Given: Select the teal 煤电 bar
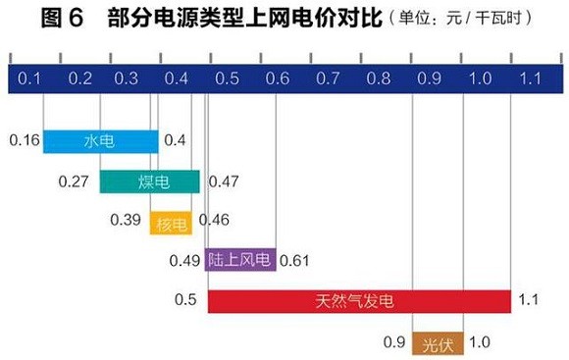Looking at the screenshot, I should [149, 181].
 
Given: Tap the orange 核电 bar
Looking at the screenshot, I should [172, 222].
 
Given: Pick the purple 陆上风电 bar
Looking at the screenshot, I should [240, 261].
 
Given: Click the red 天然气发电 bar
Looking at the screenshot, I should [359, 300].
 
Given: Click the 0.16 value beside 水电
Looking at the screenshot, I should [25, 141].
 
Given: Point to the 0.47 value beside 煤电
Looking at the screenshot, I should [224, 181].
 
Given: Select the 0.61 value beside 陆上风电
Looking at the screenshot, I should [295, 261].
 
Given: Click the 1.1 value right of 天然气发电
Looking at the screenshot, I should [531, 300].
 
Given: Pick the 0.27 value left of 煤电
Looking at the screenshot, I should [75, 181].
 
